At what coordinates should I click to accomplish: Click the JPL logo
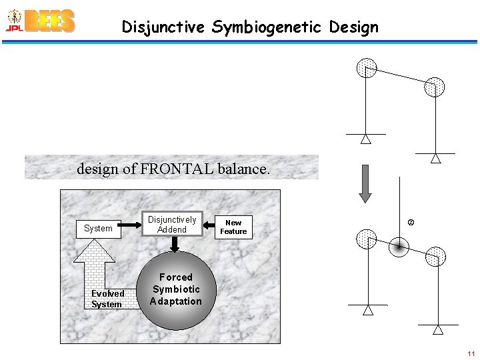[x=13, y=21]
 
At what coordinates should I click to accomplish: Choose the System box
[x=98, y=229]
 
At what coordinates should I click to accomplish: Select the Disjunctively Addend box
[x=172, y=225]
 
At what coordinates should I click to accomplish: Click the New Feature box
[x=233, y=227]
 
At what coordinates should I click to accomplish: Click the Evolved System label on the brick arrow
[x=107, y=299]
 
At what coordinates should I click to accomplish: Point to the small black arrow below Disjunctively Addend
[x=174, y=245]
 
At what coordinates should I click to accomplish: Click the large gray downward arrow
[x=364, y=183]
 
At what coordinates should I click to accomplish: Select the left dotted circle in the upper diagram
[x=366, y=68]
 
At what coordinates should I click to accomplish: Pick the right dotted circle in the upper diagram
[x=435, y=87]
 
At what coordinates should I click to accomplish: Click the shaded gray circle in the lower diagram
[x=399, y=247]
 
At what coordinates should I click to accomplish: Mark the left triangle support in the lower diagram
[x=367, y=310]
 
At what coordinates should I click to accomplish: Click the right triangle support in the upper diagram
[x=435, y=159]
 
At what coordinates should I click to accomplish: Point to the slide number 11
[x=471, y=353]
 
